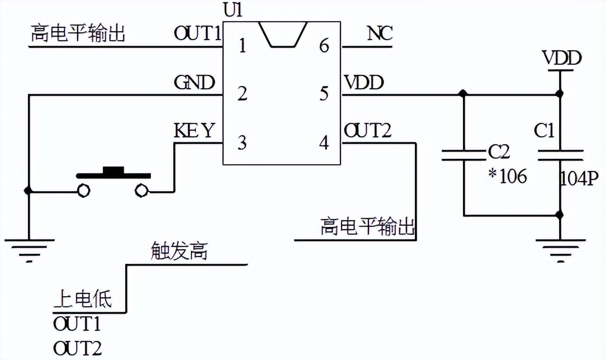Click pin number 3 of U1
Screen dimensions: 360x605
(x=242, y=143)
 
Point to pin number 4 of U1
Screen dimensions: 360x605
(x=324, y=143)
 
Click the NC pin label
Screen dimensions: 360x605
(x=380, y=34)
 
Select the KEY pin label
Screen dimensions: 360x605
(x=194, y=131)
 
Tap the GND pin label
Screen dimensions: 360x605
(x=194, y=83)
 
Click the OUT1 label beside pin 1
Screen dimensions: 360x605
(x=197, y=34)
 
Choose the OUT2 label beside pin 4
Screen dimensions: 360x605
(x=367, y=131)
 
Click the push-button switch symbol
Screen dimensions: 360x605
(x=114, y=181)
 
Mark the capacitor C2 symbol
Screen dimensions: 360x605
(x=464, y=155)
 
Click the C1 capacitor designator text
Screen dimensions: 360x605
(x=543, y=131)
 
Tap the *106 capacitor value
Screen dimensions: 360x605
(x=507, y=177)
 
